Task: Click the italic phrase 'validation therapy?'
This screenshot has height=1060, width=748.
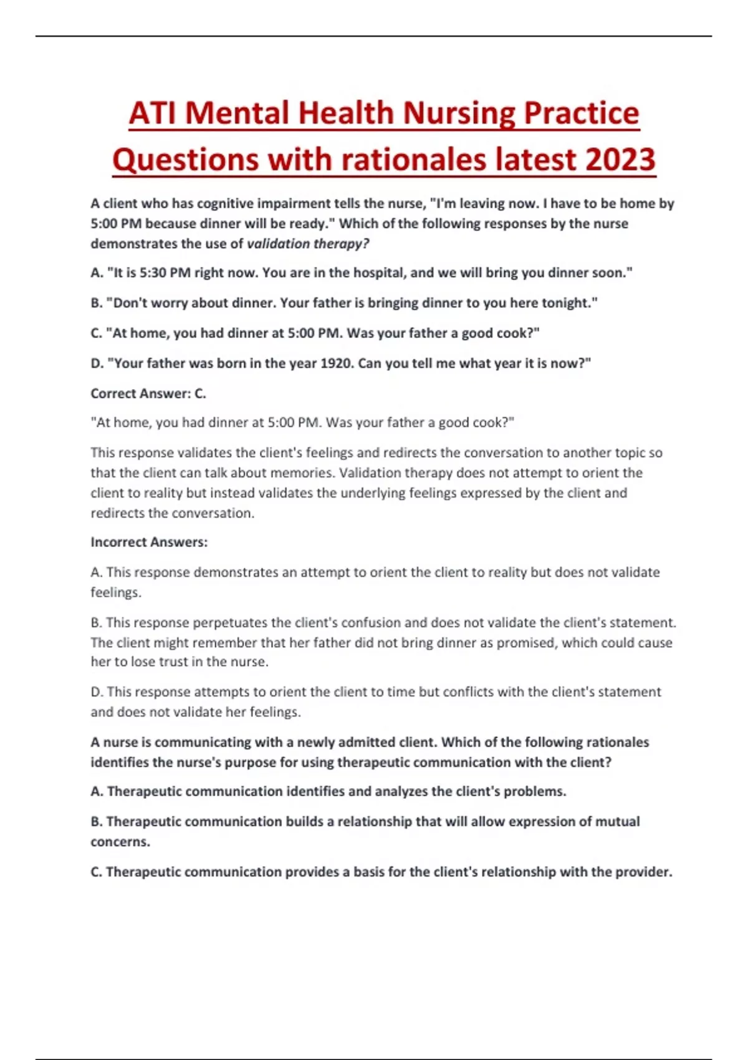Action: coord(308,244)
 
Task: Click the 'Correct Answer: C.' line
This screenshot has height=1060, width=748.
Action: coord(148,393)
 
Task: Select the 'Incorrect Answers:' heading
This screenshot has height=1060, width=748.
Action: coord(149,542)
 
